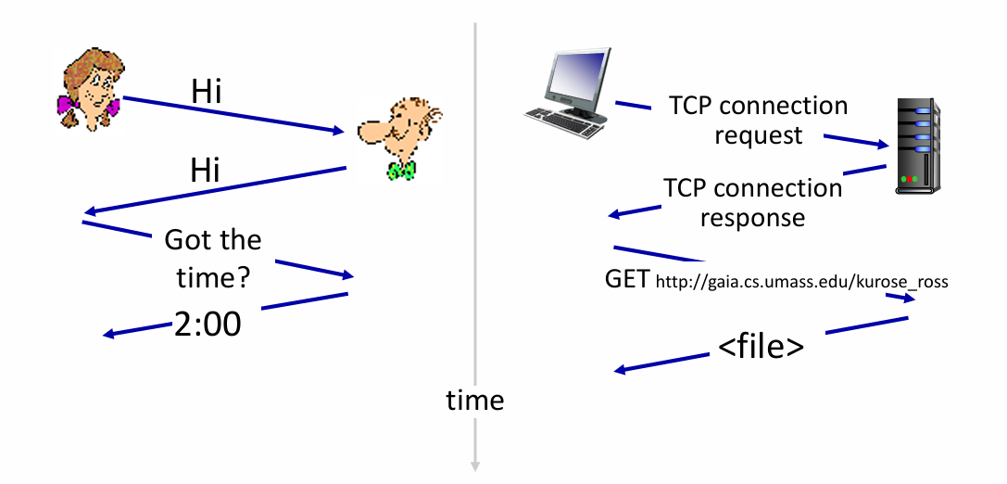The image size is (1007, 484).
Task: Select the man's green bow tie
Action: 401,171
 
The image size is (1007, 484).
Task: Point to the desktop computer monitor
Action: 573,80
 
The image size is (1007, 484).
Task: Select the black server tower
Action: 918,146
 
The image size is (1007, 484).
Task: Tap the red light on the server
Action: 913,179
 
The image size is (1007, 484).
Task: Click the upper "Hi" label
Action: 207,92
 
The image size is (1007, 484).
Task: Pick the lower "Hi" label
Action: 205,171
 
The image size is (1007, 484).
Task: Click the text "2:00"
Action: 208,324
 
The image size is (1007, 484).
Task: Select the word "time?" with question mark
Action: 213,279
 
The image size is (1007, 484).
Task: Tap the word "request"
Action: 759,135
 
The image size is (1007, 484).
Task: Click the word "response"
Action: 752,217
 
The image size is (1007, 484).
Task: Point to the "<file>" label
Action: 761,346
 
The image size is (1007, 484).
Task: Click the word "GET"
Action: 627,280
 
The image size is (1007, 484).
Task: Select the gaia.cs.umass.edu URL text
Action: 801,282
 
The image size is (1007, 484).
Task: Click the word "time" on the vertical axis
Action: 475,400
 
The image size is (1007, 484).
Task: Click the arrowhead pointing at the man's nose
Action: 339,131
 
